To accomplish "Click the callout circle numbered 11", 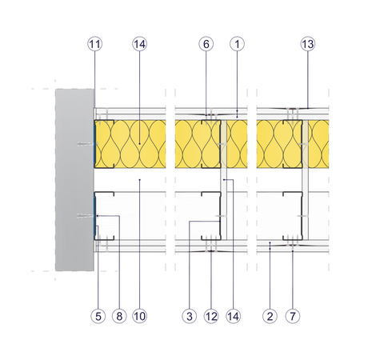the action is pyautogui.click(x=95, y=44).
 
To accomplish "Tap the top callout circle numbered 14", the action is pyautogui.click(x=140, y=44).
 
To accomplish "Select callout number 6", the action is pyautogui.click(x=206, y=44).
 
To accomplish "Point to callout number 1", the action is pyautogui.click(x=237, y=44).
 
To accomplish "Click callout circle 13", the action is pyautogui.click(x=308, y=44).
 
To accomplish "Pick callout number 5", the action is pyautogui.click(x=98, y=316).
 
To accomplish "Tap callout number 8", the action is pyautogui.click(x=119, y=316).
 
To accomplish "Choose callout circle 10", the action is pyautogui.click(x=140, y=316).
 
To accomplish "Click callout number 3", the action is pyautogui.click(x=190, y=316).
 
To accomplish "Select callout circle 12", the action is pyautogui.click(x=211, y=316).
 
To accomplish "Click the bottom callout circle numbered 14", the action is pyautogui.click(x=233, y=316).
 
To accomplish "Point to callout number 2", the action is pyautogui.click(x=270, y=316).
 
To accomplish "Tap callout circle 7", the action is pyautogui.click(x=293, y=316).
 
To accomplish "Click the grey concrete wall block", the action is pyautogui.click(x=74, y=180).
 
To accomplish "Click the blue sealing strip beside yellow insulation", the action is pyautogui.click(x=95, y=144).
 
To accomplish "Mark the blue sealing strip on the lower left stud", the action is pyautogui.click(x=95, y=216).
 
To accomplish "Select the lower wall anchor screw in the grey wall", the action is pyautogui.click(x=86, y=216).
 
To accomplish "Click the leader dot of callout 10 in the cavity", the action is pyautogui.click(x=140, y=180).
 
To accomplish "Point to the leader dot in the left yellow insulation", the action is pyautogui.click(x=140, y=144).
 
